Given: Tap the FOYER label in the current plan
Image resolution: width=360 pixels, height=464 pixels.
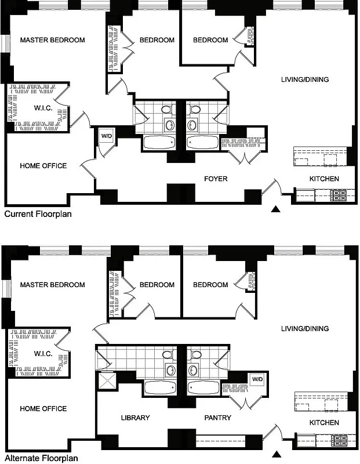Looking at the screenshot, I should click(215, 179).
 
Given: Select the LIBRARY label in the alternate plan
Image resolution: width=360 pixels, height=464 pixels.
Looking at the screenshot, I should click(136, 418).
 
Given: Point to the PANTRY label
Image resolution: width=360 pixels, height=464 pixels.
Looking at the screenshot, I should click(218, 418).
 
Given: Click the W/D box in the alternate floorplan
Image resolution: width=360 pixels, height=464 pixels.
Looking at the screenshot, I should click(256, 380).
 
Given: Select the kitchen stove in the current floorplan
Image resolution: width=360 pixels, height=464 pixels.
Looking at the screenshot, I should click(339, 195).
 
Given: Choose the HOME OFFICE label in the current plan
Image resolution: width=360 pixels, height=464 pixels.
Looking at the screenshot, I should click(43, 166).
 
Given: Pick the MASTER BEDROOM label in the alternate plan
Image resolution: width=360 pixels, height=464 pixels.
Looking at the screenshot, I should click(52, 285).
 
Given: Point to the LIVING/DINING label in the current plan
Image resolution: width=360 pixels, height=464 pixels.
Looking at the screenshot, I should click(305, 79).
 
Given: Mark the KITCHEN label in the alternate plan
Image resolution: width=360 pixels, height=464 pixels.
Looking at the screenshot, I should click(323, 423).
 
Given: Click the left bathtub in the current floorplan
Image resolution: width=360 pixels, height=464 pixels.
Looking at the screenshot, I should click(157, 143).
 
